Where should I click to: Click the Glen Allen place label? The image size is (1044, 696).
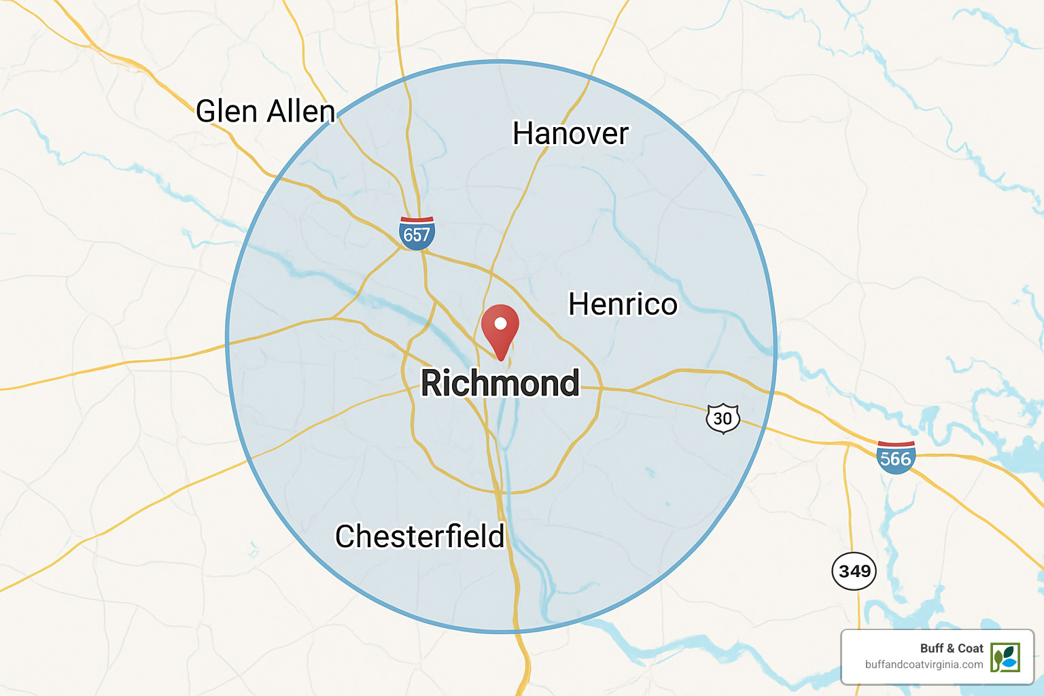265,111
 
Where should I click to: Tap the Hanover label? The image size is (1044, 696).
570,133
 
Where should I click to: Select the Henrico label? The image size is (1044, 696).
623,304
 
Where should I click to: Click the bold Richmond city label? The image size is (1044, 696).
500,383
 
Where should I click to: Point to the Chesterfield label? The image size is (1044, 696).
420,536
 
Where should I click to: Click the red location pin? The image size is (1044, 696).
500,330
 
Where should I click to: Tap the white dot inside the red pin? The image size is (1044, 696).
500,324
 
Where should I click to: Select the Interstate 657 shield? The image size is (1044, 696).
417,233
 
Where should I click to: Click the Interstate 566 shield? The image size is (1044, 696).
895,457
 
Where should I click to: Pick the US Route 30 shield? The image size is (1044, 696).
723,418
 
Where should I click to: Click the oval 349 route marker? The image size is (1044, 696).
854,571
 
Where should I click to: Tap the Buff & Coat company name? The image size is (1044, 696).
952,648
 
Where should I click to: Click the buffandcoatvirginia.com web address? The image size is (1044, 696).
924,665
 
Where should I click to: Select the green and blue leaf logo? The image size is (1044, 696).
1005,657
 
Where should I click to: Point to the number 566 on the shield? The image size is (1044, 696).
895,459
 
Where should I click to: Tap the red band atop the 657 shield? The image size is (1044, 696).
417,220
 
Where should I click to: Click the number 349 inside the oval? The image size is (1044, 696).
854,571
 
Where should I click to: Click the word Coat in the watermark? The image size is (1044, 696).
971,648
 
